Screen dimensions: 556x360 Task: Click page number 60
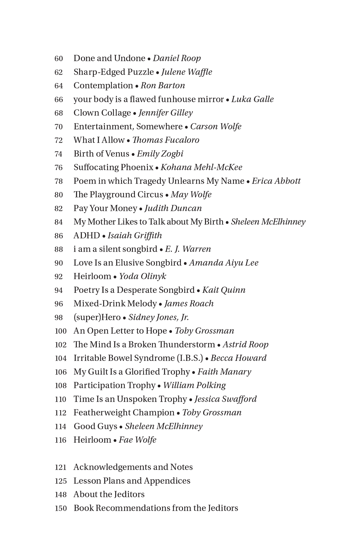tap(59, 58)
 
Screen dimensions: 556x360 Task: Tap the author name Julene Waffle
tap(187, 72)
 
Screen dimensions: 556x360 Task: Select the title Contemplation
tap(103, 86)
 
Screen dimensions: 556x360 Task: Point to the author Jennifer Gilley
tap(166, 113)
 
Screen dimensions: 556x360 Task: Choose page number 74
tap(59, 154)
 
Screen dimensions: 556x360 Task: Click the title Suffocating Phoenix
tap(113, 168)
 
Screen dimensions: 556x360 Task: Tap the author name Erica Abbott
tap(276, 181)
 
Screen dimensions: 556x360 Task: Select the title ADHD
tap(86, 236)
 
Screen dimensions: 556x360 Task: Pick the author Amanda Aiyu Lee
tap(224, 263)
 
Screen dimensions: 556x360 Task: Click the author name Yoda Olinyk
tap(142, 276)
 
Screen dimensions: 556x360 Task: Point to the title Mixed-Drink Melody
tap(115, 304)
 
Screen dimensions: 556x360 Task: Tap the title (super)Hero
tap(97, 317)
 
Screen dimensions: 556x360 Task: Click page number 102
tap(61, 345)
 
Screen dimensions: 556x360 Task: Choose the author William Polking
tap(194, 385)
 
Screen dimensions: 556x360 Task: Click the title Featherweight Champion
tap(124, 413)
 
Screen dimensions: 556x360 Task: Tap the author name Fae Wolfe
tap(138, 440)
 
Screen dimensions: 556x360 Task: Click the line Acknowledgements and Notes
tap(133, 467)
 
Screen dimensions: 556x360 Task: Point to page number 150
tap(61, 508)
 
